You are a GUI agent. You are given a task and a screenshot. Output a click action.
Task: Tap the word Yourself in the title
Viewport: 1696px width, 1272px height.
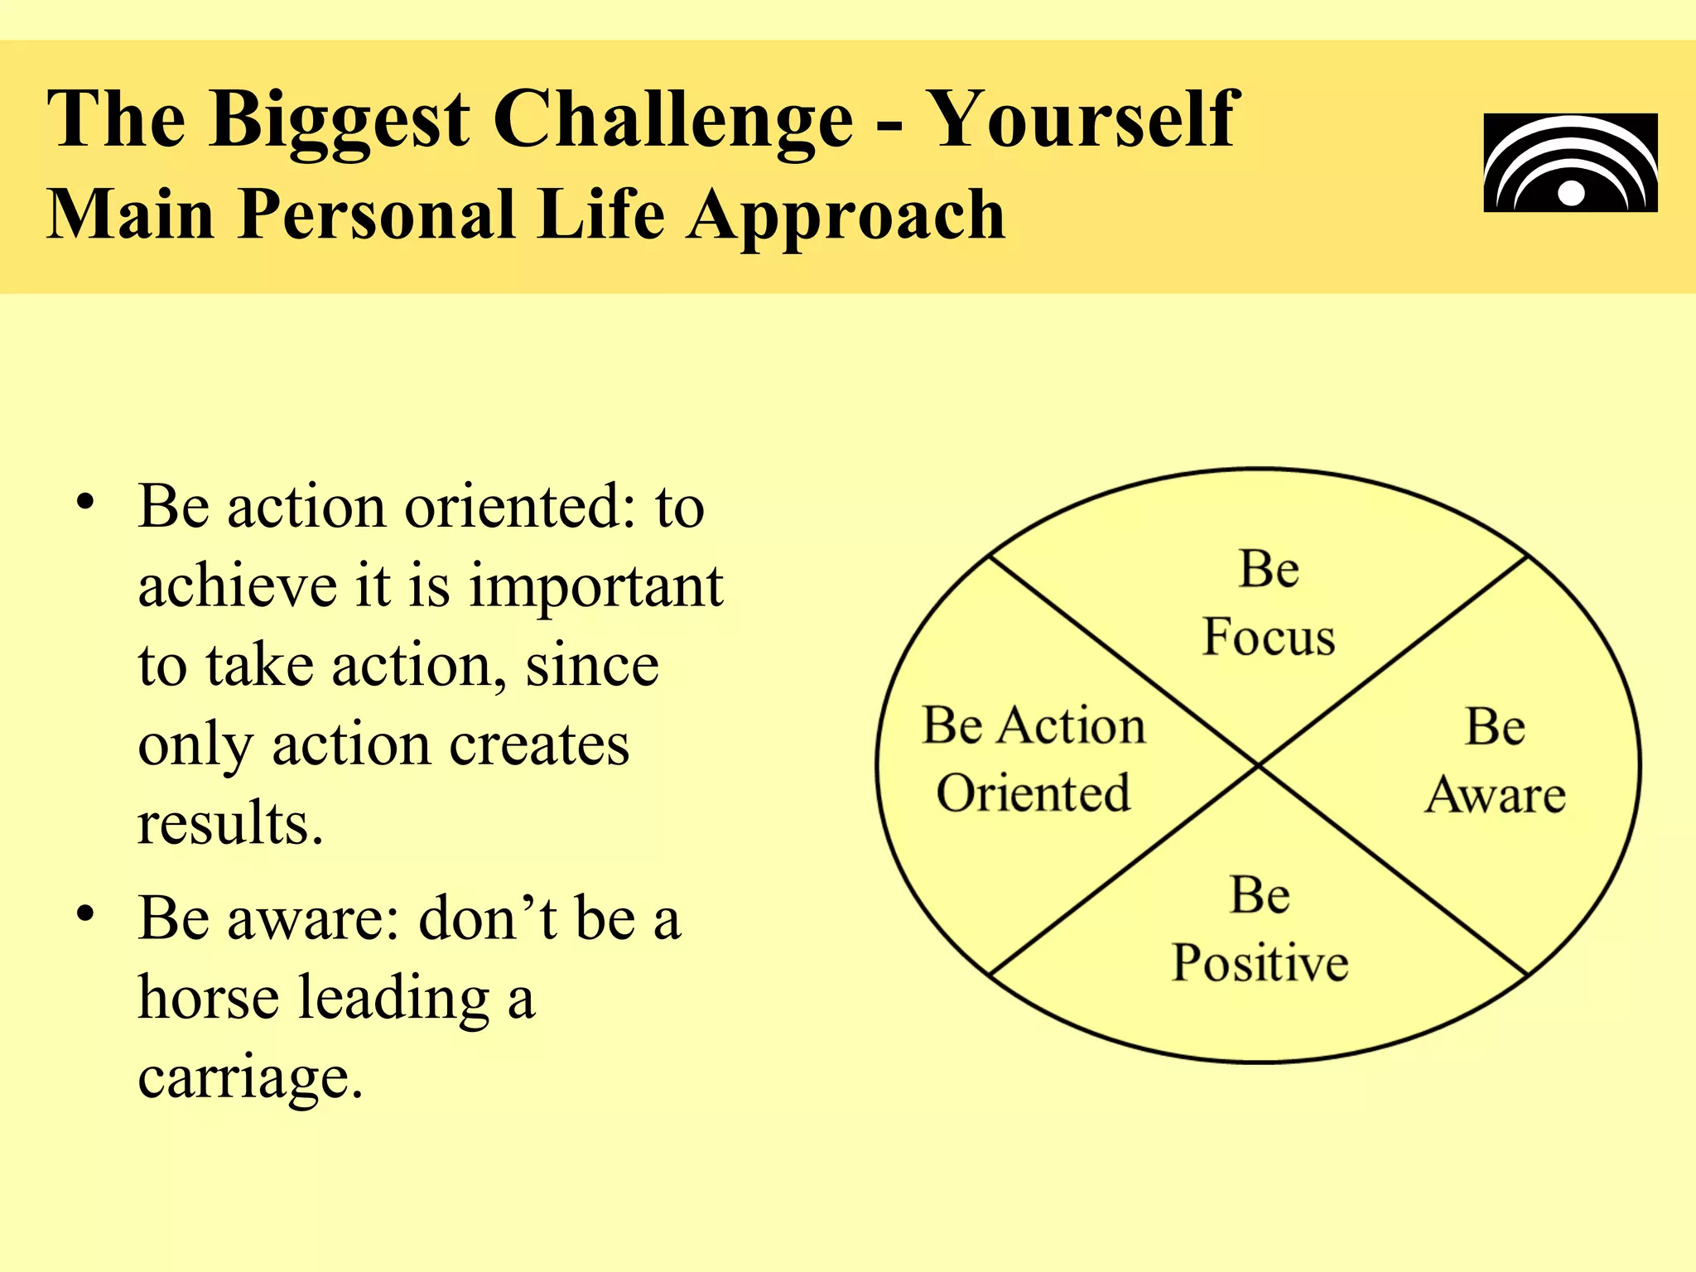coord(1083,120)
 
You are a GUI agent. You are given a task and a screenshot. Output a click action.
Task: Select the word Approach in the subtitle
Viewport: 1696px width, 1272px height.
coord(846,215)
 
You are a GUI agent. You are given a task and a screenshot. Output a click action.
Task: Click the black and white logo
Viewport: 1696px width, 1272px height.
coord(1570,163)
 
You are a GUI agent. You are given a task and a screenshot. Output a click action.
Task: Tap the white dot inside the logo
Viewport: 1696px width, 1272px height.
coord(1571,194)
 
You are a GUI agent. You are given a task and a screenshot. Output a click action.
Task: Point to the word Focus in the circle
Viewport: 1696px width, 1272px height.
coord(1269,638)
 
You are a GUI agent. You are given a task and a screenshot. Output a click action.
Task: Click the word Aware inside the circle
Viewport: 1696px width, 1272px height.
coord(1496,795)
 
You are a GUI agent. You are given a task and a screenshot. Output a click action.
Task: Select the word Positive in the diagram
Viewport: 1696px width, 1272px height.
coord(1260,963)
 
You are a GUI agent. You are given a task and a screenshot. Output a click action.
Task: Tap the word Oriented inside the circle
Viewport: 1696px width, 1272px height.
coord(1033,793)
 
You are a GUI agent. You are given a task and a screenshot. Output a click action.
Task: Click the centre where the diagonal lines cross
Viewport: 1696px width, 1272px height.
coord(1258,764)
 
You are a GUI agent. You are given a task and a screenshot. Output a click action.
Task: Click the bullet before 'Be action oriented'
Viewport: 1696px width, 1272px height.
coord(85,502)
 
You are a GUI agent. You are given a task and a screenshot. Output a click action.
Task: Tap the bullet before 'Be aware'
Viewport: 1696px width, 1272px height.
coord(85,913)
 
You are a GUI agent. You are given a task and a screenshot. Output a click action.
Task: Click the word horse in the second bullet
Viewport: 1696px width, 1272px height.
coord(208,997)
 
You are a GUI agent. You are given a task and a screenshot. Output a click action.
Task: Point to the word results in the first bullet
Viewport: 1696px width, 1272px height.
coord(229,824)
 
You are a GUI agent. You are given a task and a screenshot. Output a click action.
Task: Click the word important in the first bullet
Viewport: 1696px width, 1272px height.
coord(596,586)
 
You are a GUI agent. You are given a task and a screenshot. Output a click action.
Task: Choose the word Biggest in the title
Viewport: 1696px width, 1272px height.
coord(340,120)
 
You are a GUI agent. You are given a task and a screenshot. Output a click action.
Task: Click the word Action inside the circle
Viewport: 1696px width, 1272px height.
coord(1072,726)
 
